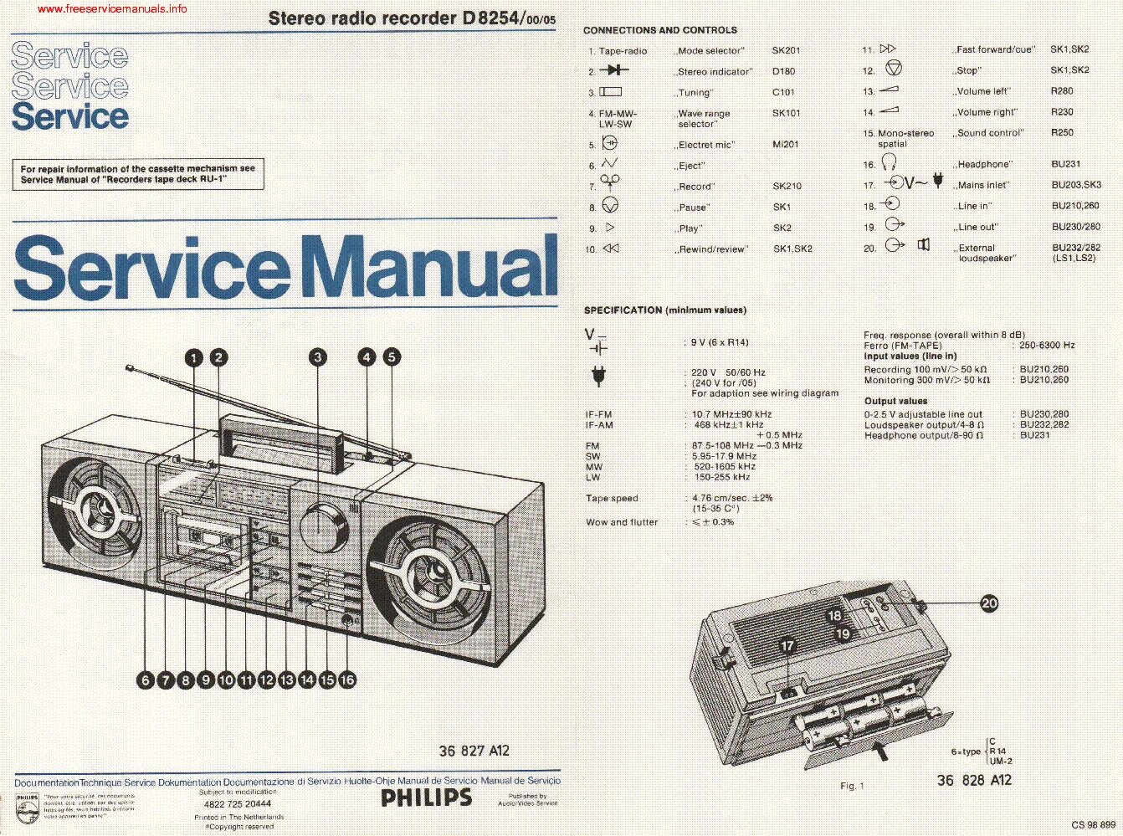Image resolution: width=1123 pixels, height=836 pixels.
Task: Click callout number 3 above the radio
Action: (317, 358)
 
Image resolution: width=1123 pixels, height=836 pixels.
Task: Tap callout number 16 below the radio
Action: (347, 680)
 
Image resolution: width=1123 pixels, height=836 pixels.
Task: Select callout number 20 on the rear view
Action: (989, 603)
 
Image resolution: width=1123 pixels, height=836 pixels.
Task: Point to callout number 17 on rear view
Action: (787, 646)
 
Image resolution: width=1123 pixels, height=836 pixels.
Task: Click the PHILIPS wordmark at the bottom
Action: (426, 797)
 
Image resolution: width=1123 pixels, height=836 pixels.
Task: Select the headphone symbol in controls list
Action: (892, 163)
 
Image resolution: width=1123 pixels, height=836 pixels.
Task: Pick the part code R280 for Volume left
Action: (1061, 91)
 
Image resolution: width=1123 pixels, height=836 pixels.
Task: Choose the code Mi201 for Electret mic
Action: (785, 144)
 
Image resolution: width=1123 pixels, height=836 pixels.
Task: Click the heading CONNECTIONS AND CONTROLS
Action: (659, 30)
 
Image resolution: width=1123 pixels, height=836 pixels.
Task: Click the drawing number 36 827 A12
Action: (474, 751)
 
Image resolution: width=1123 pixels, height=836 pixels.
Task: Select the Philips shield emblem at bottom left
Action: (27, 807)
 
